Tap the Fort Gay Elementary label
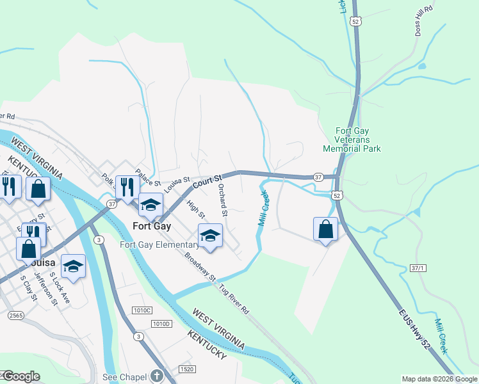(159, 245)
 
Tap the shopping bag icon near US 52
(325, 228)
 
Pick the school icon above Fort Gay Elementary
(210, 235)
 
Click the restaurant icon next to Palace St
(126, 187)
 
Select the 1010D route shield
(163, 324)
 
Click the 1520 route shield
(188, 369)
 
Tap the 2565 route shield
(16, 316)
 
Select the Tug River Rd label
(235, 301)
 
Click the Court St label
(207, 181)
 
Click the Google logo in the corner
(20, 376)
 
